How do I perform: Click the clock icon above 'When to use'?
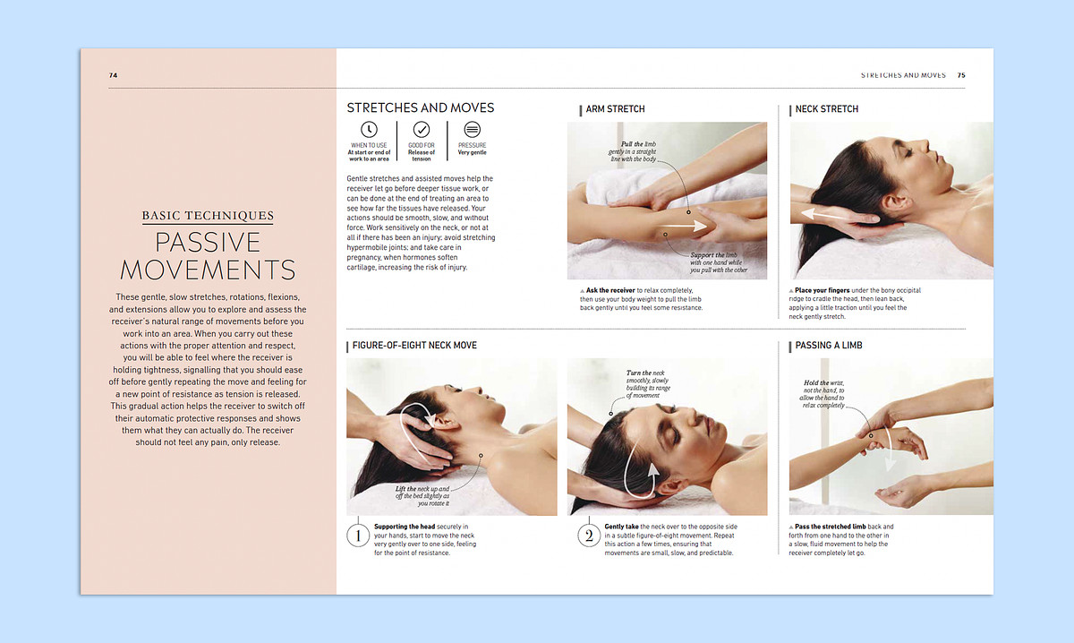[x=369, y=130]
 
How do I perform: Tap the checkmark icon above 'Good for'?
[x=422, y=130]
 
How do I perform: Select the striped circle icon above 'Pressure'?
[x=473, y=130]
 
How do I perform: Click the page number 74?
[x=113, y=75]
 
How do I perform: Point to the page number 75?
[x=961, y=75]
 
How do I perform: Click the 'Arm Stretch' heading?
[x=615, y=109]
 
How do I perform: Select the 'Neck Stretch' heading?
[x=827, y=109]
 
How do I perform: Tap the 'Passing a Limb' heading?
[x=829, y=346]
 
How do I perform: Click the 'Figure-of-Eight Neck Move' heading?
[x=414, y=346]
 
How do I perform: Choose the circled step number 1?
[x=358, y=536]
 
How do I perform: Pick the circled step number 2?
[x=589, y=536]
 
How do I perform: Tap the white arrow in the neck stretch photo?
[x=840, y=216]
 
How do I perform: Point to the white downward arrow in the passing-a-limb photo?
[x=890, y=449]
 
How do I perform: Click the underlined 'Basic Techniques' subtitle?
[x=208, y=216]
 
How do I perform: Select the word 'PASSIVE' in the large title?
[x=208, y=243]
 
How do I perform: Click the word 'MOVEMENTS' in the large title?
[x=208, y=270]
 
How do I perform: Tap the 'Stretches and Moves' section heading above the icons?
[x=421, y=108]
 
